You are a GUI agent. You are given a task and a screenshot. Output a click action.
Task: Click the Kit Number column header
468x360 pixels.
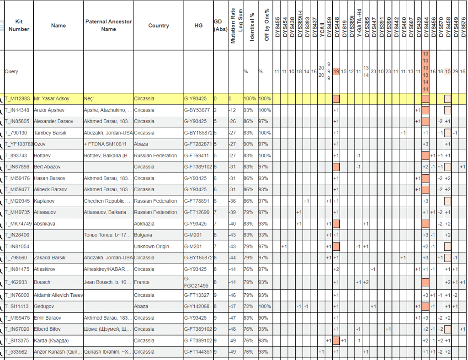point(19,26)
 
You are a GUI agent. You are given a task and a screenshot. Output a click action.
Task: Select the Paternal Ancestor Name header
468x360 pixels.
point(108,26)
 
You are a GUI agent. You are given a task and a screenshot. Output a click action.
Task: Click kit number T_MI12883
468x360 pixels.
point(17,99)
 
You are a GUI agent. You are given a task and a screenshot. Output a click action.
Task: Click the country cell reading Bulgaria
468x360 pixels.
point(144,235)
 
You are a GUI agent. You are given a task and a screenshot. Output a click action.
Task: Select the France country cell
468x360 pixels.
point(141,282)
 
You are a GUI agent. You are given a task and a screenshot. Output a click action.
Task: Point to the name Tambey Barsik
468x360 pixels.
point(50,133)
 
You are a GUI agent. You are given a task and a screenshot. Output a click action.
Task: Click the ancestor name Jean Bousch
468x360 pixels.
point(108,282)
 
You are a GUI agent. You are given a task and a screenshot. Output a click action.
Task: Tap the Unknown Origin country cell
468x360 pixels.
point(151,247)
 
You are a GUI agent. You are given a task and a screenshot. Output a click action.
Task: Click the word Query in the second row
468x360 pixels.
point(11,72)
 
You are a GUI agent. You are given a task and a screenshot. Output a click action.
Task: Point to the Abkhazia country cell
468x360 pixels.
point(144,224)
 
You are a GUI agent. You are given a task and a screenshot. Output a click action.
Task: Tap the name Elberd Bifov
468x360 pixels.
point(48,329)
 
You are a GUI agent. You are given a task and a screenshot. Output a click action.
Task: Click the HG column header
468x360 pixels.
point(198,26)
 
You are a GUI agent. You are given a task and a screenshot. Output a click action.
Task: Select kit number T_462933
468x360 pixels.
point(16,282)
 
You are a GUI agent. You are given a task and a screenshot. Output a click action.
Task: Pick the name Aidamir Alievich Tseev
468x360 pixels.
point(58,295)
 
